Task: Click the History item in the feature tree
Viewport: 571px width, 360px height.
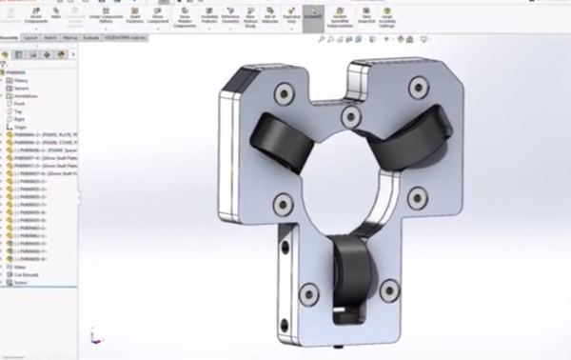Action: (x=21, y=81)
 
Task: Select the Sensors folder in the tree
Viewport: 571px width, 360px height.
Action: (x=21, y=89)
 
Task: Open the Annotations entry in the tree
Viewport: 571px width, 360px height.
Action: (x=25, y=96)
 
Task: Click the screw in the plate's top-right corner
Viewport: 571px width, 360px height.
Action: (x=417, y=86)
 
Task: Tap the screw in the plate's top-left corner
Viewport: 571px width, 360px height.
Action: (x=282, y=93)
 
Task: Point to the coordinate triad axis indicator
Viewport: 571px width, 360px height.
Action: (x=92, y=338)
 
